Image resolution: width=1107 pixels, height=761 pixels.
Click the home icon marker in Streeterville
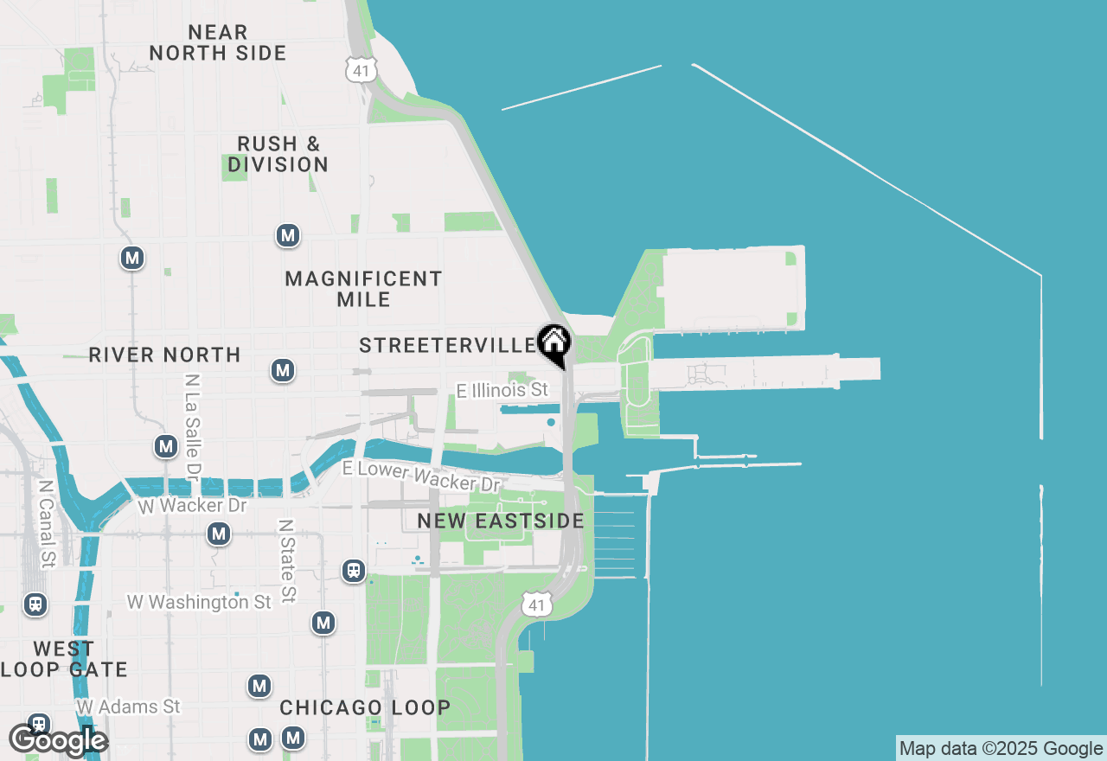(x=553, y=343)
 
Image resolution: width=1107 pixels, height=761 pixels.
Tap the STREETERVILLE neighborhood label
(x=447, y=346)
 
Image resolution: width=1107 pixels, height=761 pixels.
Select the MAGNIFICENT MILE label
(x=363, y=289)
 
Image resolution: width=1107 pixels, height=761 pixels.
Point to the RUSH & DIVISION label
(x=278, y=154)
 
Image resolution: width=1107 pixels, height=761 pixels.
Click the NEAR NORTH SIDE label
(x=217, y=42)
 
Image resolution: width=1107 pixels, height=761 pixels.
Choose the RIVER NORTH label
(x=164, y=355)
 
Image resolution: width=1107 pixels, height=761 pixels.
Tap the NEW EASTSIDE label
(x=501, y=521)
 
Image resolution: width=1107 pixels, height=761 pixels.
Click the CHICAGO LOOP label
(x=365, y=707)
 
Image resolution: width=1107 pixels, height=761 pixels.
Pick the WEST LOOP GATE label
(x=64, y=659)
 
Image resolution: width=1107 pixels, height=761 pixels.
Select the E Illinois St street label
(x=502, y=391)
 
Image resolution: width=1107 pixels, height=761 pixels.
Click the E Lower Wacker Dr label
(x=421, y=475)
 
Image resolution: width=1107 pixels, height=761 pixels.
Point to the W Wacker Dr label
(x=192, y=505)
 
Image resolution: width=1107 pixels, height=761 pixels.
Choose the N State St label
(x=286, y=560)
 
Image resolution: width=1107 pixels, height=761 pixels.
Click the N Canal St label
(x=47, y=524)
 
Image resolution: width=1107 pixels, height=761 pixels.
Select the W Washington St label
(x=199, y=602)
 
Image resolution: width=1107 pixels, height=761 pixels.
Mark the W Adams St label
(x=128, y=707)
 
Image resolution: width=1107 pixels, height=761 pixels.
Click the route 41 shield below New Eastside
(x=536, y=604)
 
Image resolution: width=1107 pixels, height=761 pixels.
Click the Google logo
(x=58, y=740)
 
